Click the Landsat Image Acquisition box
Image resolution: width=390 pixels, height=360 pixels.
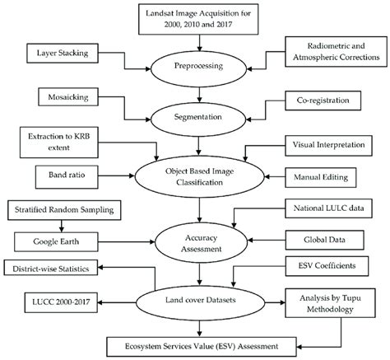click(x=198, y=19)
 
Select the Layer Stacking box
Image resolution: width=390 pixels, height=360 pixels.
click(x=63, y=54)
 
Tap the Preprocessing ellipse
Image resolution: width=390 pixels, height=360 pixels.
click(x=199, y=69)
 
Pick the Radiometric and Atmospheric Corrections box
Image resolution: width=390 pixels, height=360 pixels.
click(x=336, y=52)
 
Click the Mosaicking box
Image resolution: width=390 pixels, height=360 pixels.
click(x=68, y=97)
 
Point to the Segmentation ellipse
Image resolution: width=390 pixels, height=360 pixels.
click(x=198, y=119)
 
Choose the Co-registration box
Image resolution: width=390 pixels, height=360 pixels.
click(x=323, y=101)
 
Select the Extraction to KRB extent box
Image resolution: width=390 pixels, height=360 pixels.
click(x=59, y=143)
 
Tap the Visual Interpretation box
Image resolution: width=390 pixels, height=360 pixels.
click(x=328, y=145)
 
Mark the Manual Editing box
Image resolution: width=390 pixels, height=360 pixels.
click(x=321, y=178)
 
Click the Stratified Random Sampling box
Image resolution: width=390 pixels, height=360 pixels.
click(x=64, y=210)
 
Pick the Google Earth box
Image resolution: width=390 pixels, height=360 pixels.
click(x=56, y=242)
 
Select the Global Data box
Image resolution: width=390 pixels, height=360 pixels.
click(x=325, y=240)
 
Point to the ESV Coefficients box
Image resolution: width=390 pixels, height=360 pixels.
click(x=327, y=266)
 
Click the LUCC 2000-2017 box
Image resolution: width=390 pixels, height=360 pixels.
click(x=61, y=302)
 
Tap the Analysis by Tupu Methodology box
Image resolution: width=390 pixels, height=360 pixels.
click(x=330, y=303)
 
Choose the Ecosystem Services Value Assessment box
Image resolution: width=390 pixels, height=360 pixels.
click(x=202, y=347)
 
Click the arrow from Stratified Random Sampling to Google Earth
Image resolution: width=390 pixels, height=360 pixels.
click(x=62, y=226)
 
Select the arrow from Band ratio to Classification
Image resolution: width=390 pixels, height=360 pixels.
click(x=116, y=175)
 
